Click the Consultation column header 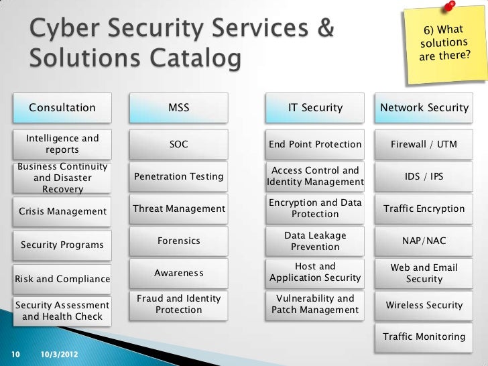pyautogui.click(x=62, y=107)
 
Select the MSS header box pyautogui.click(x=178, y=107)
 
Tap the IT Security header pyautogui.click(x=315, y=107)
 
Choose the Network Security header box pyautogui.click(x=424, y=107)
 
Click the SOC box pyautogui.click(x=178, y=144)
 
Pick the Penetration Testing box pyautogui.click(x=178, y=176)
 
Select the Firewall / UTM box pyautogui.click(x=424, y=144)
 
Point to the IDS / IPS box pyautogui.click(x=424, y=176)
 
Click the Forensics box pyautogui.click(x=178, y=241)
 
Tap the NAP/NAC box pyautogui.click(x=424, y=241)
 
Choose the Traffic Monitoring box pyautogui.click(x=424, y=337)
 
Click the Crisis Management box pyautogui.click(x=62, y=212)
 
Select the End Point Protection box pyautogui.click(x=315, y=144)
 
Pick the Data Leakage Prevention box pyautogui.click(x=315, y=241)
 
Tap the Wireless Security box pyautogui.click(x=424, y=305)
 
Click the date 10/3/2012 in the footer pyautogui.click(x=58, y=353)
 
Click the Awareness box pyautogui.click(x=178, y=273)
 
